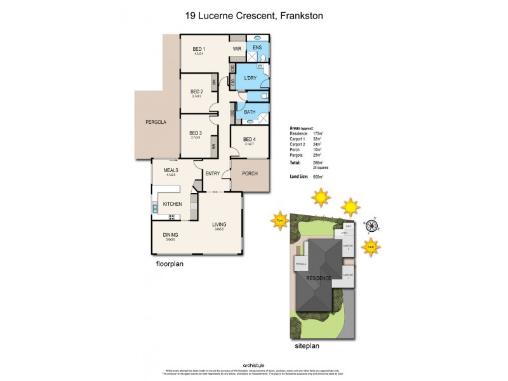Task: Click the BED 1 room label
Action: [199, 50]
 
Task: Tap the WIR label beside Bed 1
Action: [237, 49]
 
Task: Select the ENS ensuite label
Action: [257, 48]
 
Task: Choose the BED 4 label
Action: [249, 139]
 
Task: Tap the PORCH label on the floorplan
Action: [250, 173]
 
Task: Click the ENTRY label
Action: [212, 173]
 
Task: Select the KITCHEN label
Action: [173, 204]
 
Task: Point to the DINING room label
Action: [170, 234]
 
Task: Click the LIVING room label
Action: [219, 224]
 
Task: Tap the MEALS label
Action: [171, 170]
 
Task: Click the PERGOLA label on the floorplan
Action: [156, 121]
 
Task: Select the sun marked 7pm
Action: [279, 220]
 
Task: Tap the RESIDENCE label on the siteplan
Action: [318, 278]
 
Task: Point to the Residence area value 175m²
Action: [318, 134]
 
